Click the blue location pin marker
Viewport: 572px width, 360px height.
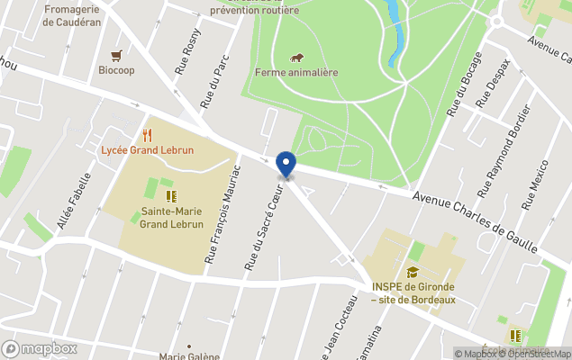point(286,165)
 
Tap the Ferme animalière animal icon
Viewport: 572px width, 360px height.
point(296,58)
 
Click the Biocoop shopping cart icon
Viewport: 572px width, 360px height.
point(116,55)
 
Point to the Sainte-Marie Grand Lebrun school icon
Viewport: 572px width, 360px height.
point(168,195)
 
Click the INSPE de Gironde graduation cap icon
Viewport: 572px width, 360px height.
point(413,272)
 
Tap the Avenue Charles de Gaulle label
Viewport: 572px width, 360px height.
point(474,221)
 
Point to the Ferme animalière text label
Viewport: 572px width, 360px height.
point(296,73)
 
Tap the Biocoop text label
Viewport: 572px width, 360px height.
point(116,70)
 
